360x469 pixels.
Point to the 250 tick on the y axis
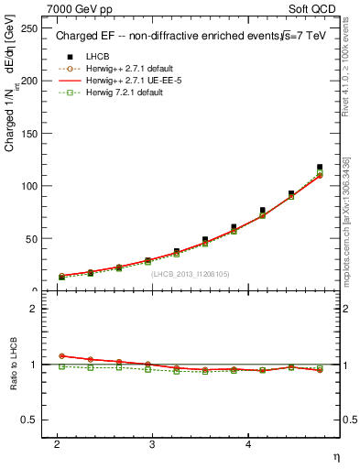click(30, 27)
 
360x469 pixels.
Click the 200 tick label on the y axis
click(30, 81)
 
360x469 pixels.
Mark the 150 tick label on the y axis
click(30, 133)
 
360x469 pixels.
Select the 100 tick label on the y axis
click(30, 186)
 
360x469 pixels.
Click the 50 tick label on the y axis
click(33, 238)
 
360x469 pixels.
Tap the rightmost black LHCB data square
click(320, 168)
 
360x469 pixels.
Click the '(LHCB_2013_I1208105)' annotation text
click(191, 274)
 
